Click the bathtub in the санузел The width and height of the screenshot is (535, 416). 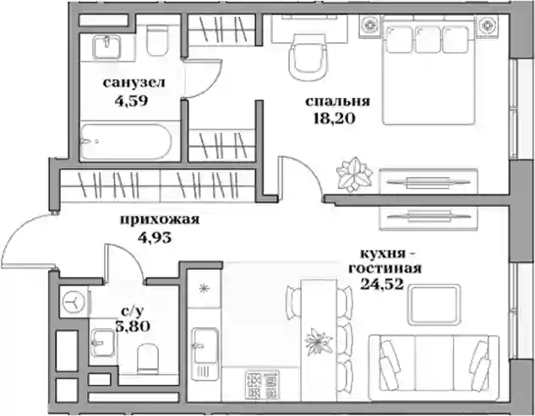pyautogui.click(x=123, y=141)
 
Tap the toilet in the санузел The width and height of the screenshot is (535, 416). pyautogui.click(x=157, y=41)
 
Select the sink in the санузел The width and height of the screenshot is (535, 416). pyautogui.click(x=106, y=48)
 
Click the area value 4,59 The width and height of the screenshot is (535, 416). pyautogui.click(x=131, y=101)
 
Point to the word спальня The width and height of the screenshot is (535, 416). pyautogui.click(x=337, y=101)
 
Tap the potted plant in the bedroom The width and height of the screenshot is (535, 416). pyautogui.click(x=354, y=174)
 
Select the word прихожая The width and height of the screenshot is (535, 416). pyautogui.click(x=160, y=220)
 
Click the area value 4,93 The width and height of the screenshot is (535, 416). pyautogui.click(x=154, y=237)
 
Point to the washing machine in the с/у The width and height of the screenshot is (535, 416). pyautogui.click(x=74, y=302)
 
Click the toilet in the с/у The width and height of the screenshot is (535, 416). pyautogui.click(x=148, y=358)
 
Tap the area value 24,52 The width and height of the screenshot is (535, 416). pyautogui.click(x=382, y=284)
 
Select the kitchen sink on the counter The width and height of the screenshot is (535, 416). pyautogui.click(x=205, y=346)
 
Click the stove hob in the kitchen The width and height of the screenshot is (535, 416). pyautogui.click(x=261, y=385)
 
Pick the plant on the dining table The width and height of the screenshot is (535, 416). pyautogui.click(x=319, y=341)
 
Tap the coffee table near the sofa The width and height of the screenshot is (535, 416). pyautogui.click(x=434, y=305)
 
